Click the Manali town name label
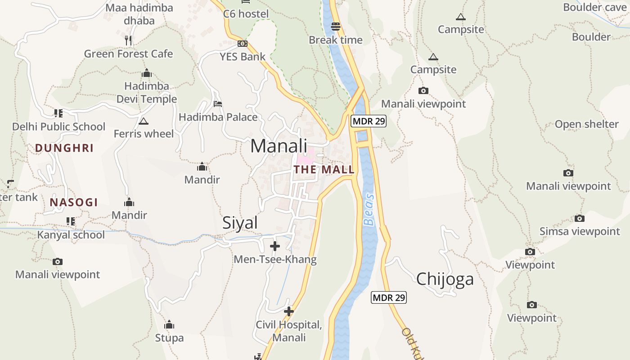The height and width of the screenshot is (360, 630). click(x=279, y=146)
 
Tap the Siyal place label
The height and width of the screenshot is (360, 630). click(x=240, y=223)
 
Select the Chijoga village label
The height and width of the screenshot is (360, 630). click(x=445, y=279)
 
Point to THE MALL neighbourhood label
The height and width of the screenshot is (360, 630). click(x=324, y=170)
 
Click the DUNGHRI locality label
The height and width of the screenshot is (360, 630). click(x=64, y=148)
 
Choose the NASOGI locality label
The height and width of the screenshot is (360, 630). click(x=74, y=202)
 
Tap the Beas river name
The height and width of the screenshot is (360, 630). click(x=369, y=210)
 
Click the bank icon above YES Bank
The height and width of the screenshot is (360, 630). click(x=243, y=44)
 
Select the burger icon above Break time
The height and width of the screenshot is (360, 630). click(x=335, y=27)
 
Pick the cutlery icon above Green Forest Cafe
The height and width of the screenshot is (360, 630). click(x=128, y=40)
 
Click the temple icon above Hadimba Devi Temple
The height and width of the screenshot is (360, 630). click(x=147, y=73)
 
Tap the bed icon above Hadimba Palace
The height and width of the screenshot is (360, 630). click(x=218, y=104)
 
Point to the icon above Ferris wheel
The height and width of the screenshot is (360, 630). click(x=144, y=121)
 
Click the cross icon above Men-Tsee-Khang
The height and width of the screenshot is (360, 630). click(x=274, y=246)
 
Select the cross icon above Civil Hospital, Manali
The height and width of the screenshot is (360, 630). click(x=289, y=311)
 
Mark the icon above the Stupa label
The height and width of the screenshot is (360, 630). click(x=169, y=324)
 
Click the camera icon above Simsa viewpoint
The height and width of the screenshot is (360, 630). click(x=580, y=219)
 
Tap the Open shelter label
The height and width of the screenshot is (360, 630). click(x=586, y=124)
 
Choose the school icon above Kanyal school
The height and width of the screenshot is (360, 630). click(x=71, y=221)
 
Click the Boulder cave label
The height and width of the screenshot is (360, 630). click(x=594, y=7)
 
